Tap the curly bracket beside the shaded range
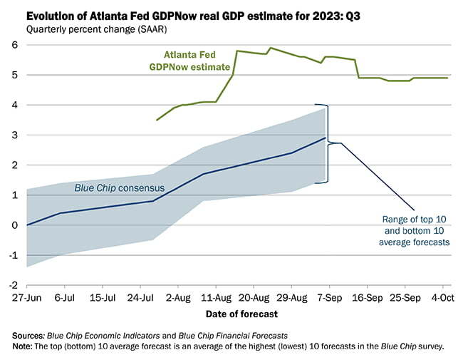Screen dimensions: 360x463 (330, 143)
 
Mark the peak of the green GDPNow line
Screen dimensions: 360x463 (270, 48)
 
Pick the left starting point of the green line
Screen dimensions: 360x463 (157, 120)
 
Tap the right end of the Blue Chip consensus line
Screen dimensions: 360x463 (326, 138)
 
